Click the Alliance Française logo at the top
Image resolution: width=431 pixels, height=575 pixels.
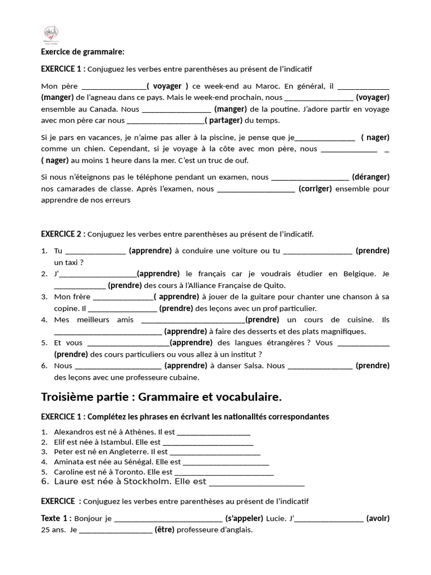click(x=54, y=35)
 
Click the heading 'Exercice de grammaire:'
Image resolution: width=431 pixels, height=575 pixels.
click(x=82, y=52)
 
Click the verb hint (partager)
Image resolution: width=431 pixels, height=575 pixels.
click(x=223, y=120)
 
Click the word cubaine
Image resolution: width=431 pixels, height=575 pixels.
click(x=182, y=377)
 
